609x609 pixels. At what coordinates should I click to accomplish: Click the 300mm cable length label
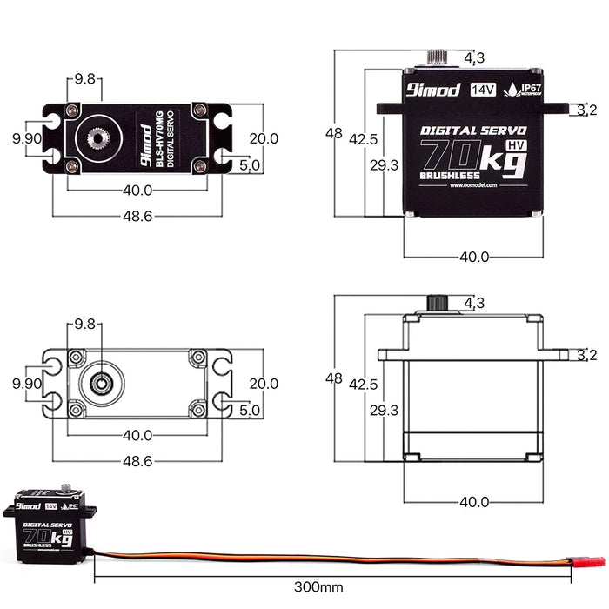click(319, 587)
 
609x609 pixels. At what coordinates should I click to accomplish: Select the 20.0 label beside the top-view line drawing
click(263, 383)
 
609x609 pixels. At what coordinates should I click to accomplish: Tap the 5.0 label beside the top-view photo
click(249, 165)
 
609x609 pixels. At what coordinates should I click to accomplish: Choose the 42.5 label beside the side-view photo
click(363, 139)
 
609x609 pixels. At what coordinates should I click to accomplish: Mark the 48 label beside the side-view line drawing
click(334, 378)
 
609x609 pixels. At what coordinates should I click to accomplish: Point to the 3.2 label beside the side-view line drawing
click(586, 354)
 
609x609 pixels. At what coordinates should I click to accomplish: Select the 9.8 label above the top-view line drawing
click(84, 323)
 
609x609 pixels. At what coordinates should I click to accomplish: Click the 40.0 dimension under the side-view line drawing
click(474, 501)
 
